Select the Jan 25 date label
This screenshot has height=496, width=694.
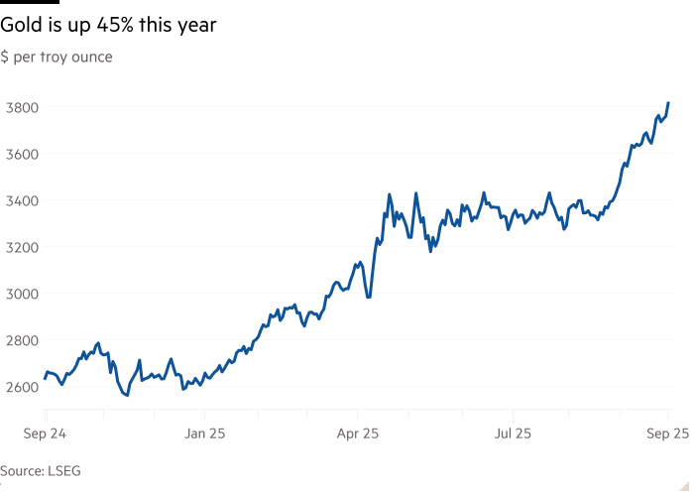pyautogui.click(x=206, y=434)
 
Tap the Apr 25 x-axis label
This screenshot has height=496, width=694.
pyautogui.click(x=358, y=434)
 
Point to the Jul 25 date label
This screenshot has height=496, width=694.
pyautogui.click(x=513, y=434)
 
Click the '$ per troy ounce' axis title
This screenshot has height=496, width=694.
pyautogui.click(x=57, y=58)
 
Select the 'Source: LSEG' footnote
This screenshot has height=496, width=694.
pyautogui.click(x=30, y=471)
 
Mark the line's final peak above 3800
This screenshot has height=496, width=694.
pyautogui.click(x=669, y=103)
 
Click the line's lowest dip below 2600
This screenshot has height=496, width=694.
pyautogui.click(x=126, y=395)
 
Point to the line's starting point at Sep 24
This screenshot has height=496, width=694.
pyautogui.click(x=46, y=380)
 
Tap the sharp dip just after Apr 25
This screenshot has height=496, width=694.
pyautogui.click(x=369, y=296)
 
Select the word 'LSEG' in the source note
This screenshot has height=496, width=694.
pyautogui.click(x=46, y=471)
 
